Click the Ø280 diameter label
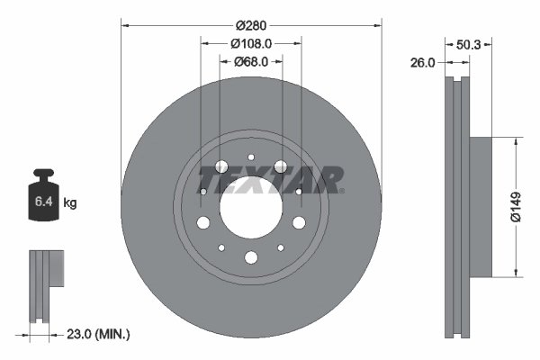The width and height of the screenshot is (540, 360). (251, 26)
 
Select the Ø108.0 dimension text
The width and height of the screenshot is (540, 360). (251, 44)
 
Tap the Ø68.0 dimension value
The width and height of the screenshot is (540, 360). (251, 62)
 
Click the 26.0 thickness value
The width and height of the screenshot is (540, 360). (424, 63)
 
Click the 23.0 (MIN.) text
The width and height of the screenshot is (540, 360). (100, 334)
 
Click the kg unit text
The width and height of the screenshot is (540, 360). (70, 203)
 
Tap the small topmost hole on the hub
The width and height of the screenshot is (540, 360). (251, 159)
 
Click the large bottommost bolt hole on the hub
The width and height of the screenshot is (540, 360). (251, 259)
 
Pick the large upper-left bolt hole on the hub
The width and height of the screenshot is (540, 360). (221, 166)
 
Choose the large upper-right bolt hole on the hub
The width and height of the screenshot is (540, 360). (281, 166)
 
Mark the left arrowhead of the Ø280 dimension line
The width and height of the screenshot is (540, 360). (124, 26)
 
